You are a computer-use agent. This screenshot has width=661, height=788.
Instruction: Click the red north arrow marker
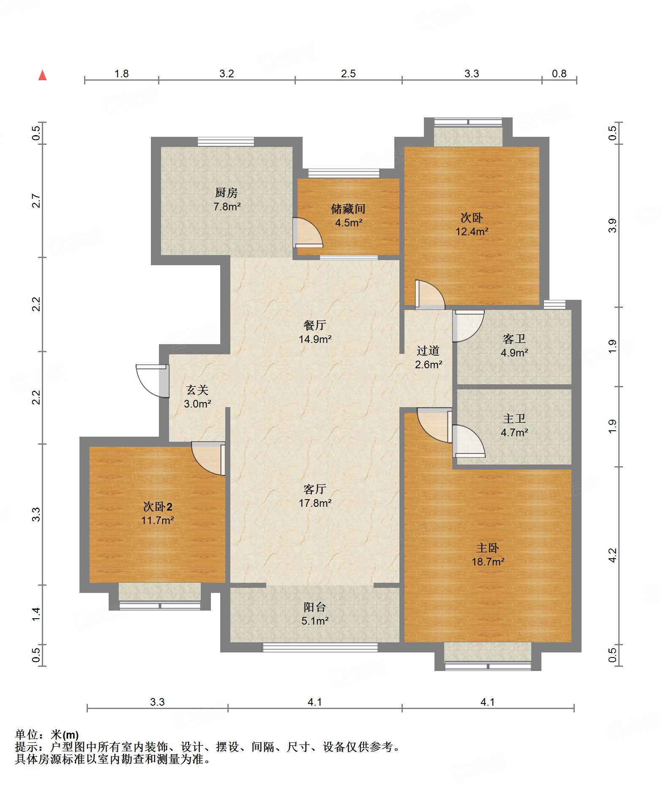(42, 75)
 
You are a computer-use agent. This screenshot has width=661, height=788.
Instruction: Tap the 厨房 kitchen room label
(227, 193)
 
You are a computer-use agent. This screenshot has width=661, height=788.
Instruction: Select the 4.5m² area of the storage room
(349, 223)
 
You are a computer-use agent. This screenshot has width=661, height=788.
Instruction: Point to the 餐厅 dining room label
(315, 325)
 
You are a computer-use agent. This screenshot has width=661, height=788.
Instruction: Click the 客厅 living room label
(315, 489)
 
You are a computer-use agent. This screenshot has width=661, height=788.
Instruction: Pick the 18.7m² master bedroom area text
(488, 562)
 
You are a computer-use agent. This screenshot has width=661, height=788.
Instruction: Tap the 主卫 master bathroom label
(514, 418)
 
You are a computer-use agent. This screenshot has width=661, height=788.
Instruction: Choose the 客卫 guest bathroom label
(514, 339)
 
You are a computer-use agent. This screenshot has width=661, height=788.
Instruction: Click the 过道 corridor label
(428, 351)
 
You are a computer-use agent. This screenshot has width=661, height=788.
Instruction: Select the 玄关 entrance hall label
(197, 390)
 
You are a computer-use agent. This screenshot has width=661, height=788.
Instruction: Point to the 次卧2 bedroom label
(158, 506)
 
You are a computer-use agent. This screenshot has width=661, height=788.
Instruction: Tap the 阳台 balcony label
(315, 607)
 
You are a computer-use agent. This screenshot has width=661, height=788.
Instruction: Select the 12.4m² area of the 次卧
(472, 231)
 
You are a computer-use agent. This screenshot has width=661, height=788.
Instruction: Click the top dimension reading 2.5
(348, 74)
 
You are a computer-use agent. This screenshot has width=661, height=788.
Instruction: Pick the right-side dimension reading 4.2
(612, 555)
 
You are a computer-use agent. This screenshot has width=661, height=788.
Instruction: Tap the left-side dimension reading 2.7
(36, 201)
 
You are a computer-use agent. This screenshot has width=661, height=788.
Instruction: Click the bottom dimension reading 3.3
(157, 702)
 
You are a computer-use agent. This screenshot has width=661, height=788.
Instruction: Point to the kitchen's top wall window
(226, 141)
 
